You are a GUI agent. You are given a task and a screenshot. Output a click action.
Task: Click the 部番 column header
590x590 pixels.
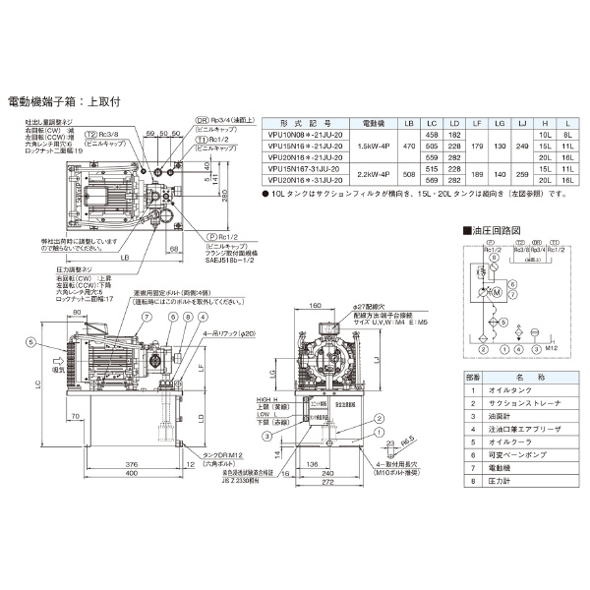[x=472, y=375]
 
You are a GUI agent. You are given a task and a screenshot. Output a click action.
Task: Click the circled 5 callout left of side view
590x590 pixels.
[x=30, y=341]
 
